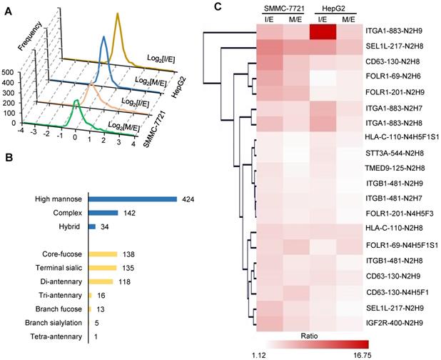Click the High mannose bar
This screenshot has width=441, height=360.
132,199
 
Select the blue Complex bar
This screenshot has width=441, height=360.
103,213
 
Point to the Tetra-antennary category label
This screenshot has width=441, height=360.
55,336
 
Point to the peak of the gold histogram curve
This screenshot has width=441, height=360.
117,14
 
